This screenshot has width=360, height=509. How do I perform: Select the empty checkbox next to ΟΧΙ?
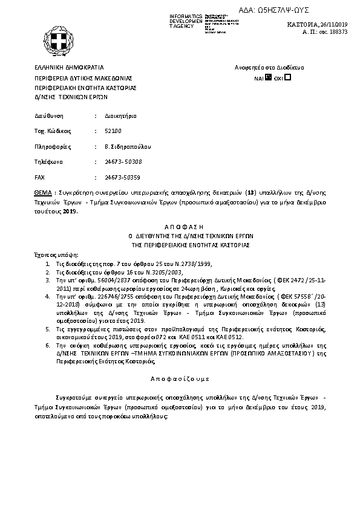point(287,77)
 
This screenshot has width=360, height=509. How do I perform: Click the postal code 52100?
point(113,131)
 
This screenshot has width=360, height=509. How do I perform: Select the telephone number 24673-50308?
point(123,162)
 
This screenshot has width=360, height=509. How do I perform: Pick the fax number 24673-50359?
point(123,178)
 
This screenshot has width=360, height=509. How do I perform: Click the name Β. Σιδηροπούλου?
point(128,146)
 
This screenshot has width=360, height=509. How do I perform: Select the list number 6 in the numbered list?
point(48,345)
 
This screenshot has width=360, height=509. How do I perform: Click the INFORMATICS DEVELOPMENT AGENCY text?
point(186,21)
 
